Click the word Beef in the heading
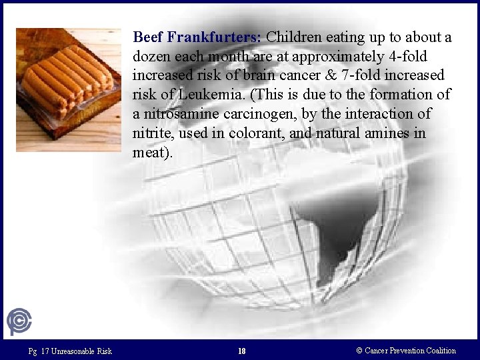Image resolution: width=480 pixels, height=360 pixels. coord(147,37)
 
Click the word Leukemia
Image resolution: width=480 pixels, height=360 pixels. coord(191,95)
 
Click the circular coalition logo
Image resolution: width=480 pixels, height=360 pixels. coord(19,323)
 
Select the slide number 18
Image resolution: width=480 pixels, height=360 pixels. coord(241,351)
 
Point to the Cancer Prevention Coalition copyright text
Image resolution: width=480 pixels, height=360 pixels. coord(406,351)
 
